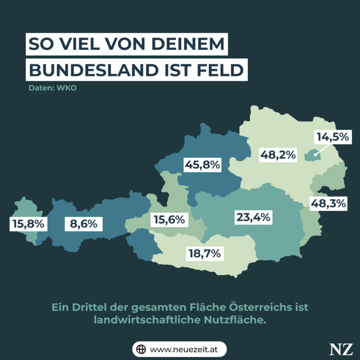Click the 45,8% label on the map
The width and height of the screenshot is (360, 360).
coord(202,165)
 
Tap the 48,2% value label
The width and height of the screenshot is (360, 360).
coord(278,154)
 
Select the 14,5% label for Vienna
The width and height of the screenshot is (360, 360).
coord(333,137)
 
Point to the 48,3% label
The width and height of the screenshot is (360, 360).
coord(328,204)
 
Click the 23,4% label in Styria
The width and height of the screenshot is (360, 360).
coord(253,218)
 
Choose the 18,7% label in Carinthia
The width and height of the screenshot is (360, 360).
coord(203,254)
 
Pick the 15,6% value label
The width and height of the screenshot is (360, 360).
coord(169,220)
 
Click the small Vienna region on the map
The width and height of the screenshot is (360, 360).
coord(311,155)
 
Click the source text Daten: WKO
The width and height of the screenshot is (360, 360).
coord(52,88)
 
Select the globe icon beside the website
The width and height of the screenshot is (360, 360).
coord(141,349)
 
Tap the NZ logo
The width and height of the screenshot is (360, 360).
coord(341,349)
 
